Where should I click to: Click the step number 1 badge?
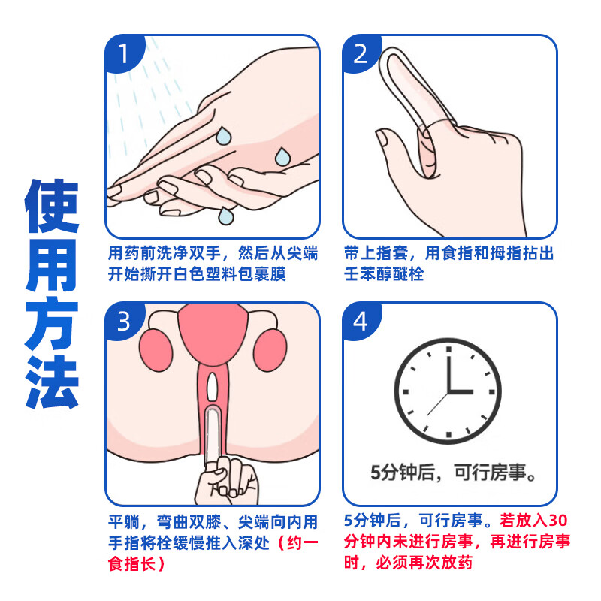click(123, 53)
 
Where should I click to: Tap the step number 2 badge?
click(361, 53)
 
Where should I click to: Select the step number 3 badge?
click(123, 321)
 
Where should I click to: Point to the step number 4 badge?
click(361, 321)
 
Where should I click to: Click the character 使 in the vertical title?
click(52, 206)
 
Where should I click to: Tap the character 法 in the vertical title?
click(52, 381)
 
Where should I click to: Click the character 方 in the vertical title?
click(52, 323)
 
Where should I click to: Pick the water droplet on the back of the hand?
click(282, 156)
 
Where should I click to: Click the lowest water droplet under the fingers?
click(225, 216)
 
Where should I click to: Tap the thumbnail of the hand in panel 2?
click(382, 138)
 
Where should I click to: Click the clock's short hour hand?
click(460, 391)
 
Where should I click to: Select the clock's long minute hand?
click(448, 369)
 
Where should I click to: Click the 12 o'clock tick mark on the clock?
click(448, 349)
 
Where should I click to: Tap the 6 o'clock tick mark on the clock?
click(448, 434)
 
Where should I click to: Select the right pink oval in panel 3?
click(270, 350)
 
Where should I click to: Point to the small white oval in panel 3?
click(212, 387)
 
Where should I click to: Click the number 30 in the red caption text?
click(557, 520)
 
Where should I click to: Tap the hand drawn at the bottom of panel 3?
click(227, 482)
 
